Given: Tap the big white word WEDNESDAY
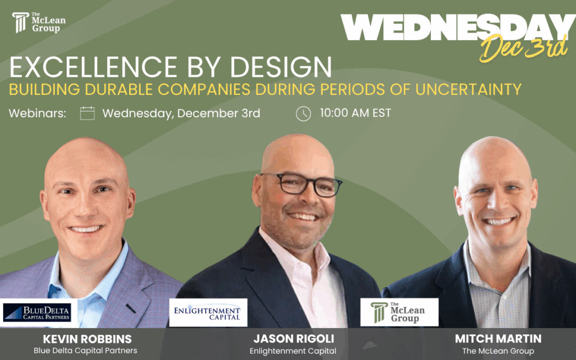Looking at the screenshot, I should tap(458, 28).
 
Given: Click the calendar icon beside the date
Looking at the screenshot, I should tap(87, 113).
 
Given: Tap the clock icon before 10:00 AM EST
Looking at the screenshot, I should tap(303, 114).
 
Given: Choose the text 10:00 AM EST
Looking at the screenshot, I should tap(355, 113).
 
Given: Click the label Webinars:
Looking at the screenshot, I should tap(37, 114).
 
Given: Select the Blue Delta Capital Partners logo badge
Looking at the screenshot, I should tap(37, 313).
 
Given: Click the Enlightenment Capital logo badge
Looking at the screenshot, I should tap(209, 313).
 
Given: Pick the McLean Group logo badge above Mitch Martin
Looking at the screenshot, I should tap(399, 313).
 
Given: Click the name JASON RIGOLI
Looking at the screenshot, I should tap(293, 339).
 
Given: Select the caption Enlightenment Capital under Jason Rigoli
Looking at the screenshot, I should tap(293, 351).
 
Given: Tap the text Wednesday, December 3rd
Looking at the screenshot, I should tap(181, 113).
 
